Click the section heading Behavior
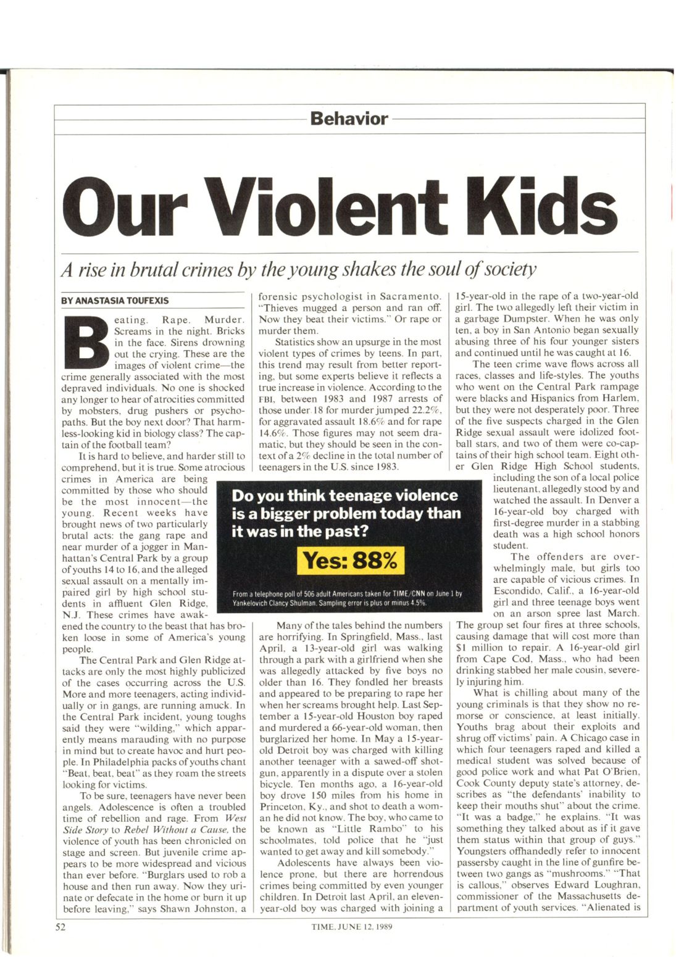pyautogui.click(x=349, y=119)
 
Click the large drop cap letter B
pyautogui.click(x=86, y=338)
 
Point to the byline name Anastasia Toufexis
pyautogui.click(x=115, y=301)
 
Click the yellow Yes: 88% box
pyautogui.click(x=351, y=561)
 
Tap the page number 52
pyautogui.click(x=61, y=926)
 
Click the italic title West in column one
pyautogui.click(x=235, y=818)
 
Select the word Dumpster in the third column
pyautogui.click(x=528, y=319)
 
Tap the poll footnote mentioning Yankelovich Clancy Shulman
pyautogui.click(x=348, y=598)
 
